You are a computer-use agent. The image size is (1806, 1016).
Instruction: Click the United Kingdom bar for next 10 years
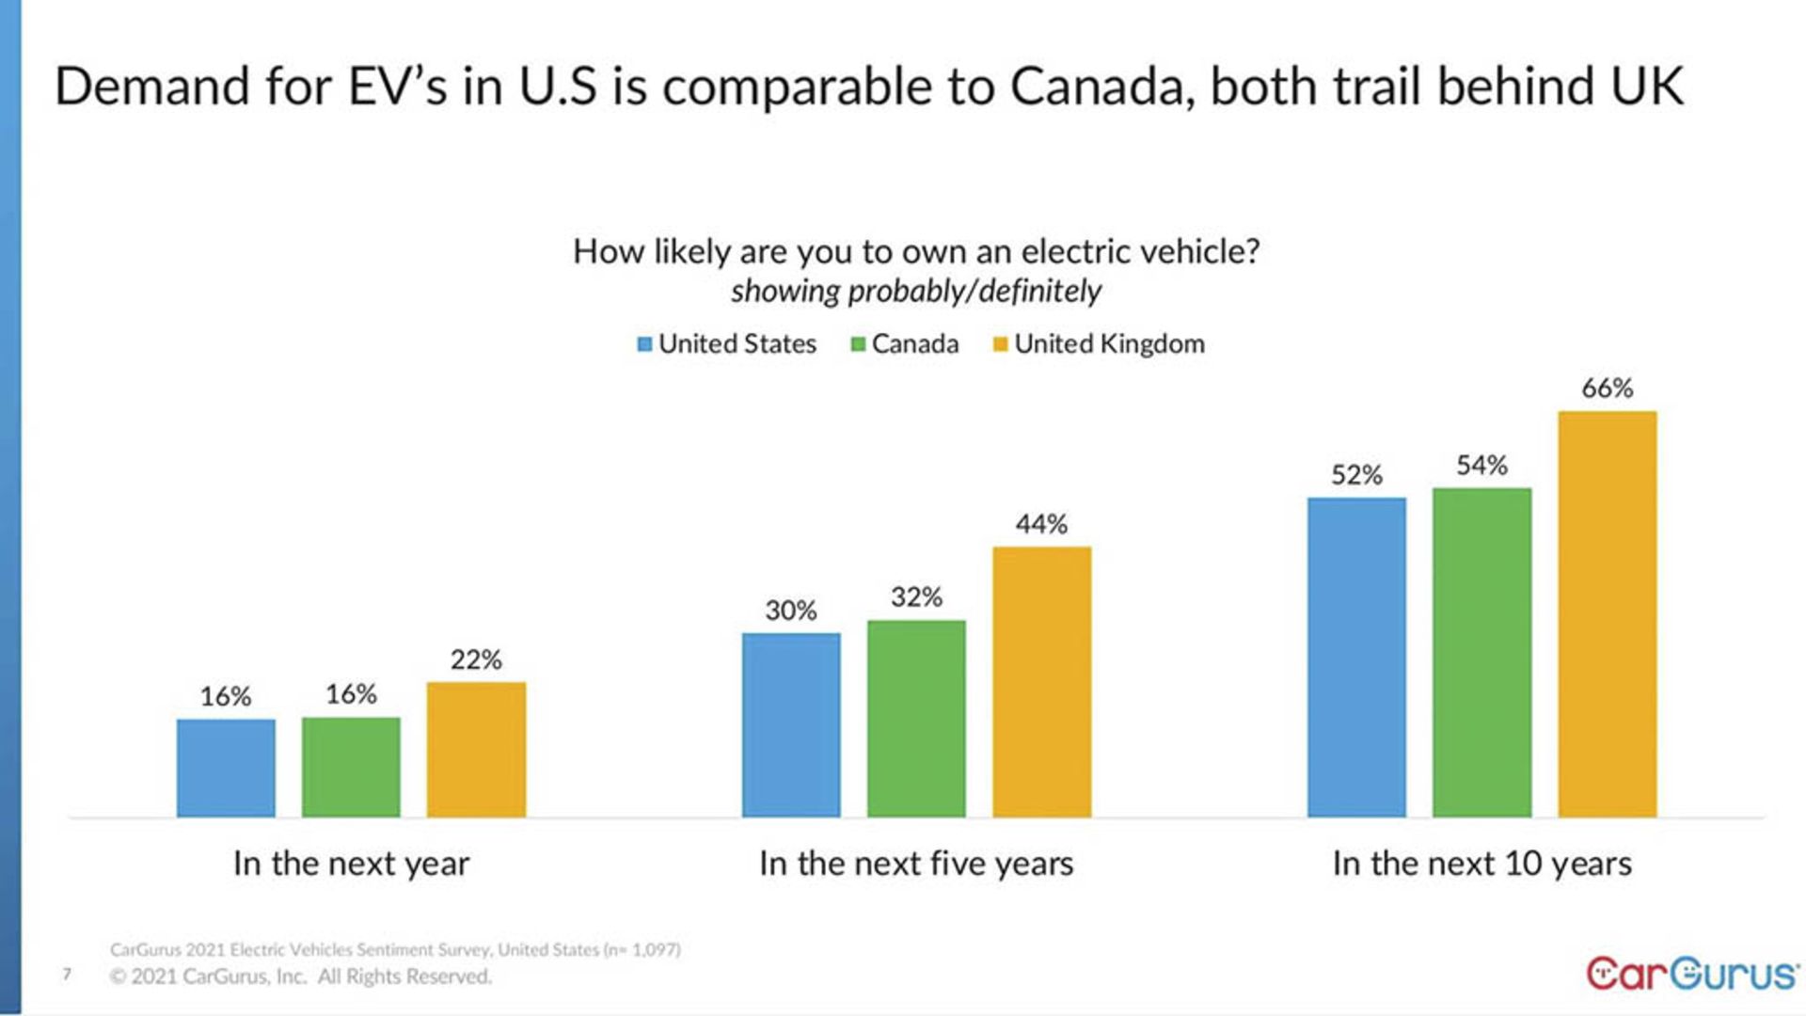(1607, 613)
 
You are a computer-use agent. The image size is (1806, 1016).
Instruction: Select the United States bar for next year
(226, 768)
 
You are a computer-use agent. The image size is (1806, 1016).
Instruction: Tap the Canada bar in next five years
(916, 718)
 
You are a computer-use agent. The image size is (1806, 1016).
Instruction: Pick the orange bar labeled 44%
(1041, 681)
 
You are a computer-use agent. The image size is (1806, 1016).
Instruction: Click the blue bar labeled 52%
(1356, 657)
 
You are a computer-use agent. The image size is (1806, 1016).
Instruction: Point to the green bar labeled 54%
(1481, 652)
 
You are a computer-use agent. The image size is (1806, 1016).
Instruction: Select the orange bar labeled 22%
(476, 749)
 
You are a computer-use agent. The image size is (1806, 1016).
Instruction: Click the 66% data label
(1607, 388)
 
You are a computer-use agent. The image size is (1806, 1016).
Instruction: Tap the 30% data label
(790, 611)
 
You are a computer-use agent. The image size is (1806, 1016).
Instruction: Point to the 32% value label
(916, 596)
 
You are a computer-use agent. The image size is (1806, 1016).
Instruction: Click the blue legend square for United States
(644, 344)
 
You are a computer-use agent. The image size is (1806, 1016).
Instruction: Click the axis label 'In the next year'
(351, 864)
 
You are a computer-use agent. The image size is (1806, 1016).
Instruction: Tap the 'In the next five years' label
(916, 864)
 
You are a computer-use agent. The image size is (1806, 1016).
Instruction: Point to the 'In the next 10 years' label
(1481, 864)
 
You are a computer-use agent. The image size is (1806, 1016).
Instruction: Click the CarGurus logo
(1691, 974)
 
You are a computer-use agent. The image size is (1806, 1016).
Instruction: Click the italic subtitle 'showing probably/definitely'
(916, 292)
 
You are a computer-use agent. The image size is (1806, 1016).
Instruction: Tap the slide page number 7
(67, 974)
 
